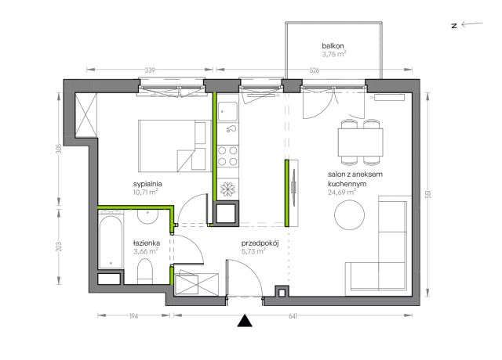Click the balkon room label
(x=333, y=45)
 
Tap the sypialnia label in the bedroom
(x=147, y=184)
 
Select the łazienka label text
(x=147, y=243)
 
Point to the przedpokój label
(x=260, y=243)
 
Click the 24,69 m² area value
(x=342, y=192)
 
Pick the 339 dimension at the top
(x=150, y=70)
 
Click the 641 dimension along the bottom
(x=293, y=316)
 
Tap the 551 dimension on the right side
(x=428, y=194)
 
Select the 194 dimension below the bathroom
(x=133, y=316)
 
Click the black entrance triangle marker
(x=245, y=322)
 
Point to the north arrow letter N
(x=454, y=26)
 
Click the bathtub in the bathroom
(x=111, y=241)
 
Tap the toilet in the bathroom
(x=144, y=272)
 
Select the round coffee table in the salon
(x=349, y=214)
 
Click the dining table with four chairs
(x=361, y=142)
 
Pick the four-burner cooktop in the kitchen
(x=227, y=156)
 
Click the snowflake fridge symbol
(x=227, y=189)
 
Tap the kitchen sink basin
(x=227, y=112)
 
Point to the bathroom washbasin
(x=147, y=217)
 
